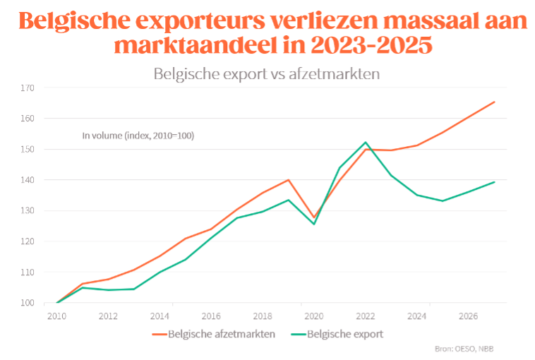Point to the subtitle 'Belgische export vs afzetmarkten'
tap(267, 73)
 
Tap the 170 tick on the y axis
tap(28, 88)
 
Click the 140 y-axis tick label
tap(28, 180)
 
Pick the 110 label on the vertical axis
tap(28, 272)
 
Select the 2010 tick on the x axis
tap(56, 316)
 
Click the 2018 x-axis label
tap(262, 316)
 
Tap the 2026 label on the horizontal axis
tap(467, 316)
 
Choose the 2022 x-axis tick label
tap(365, 316)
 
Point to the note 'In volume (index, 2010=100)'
tap(138, 135)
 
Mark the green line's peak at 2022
tap(365, 143)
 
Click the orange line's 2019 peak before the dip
tap(288, 180)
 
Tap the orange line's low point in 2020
tap(313, 217)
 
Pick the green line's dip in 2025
tap(443, 201)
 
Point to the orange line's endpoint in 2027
tap(494, 102)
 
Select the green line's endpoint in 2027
tap(494, 182)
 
